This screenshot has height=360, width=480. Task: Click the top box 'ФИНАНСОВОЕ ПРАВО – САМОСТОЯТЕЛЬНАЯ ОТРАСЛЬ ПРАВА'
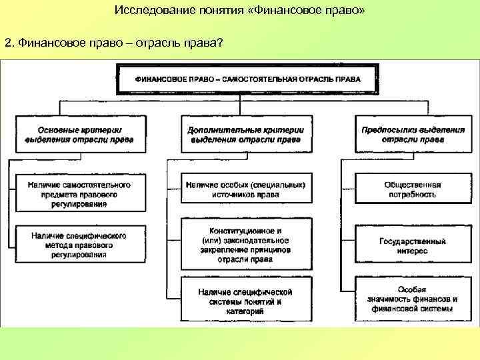tap(248, 79)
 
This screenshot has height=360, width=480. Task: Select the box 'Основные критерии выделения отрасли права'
tap(79, 135)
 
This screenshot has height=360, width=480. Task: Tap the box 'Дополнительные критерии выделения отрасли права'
tap(245, 135)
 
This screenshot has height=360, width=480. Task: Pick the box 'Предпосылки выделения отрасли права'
tap(413, 135)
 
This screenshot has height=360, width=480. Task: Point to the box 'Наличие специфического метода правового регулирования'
tap(79, 245)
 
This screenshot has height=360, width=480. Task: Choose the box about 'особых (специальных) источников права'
tap(245, 189)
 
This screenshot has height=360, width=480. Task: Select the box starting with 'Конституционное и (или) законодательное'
tap(245, 244)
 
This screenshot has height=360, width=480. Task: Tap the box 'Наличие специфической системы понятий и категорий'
tap(245, 301)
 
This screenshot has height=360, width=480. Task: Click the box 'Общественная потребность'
tap(413, 189)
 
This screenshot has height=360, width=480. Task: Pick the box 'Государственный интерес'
tap(413, 246)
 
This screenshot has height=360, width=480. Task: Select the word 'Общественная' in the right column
tap(413, 185)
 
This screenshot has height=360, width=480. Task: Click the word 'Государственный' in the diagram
tap(413, 241)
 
